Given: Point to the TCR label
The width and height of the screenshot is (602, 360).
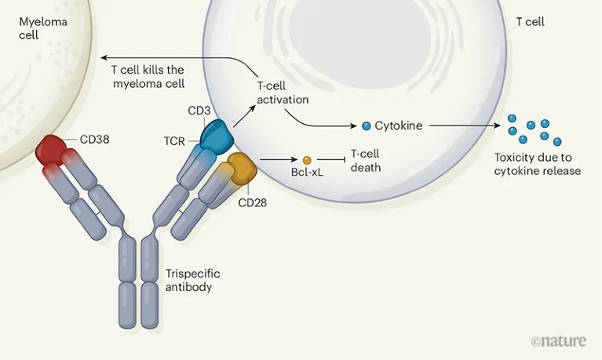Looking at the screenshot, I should (x=173, y=142).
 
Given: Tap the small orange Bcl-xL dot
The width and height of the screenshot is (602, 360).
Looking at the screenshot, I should (x=306, y=159).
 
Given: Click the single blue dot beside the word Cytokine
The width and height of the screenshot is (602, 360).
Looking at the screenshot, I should (x=366, y=125).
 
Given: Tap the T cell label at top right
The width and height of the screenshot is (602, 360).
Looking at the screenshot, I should (x=531, y=22).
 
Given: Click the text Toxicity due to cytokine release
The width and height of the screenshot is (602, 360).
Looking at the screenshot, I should (x=537, y=164).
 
